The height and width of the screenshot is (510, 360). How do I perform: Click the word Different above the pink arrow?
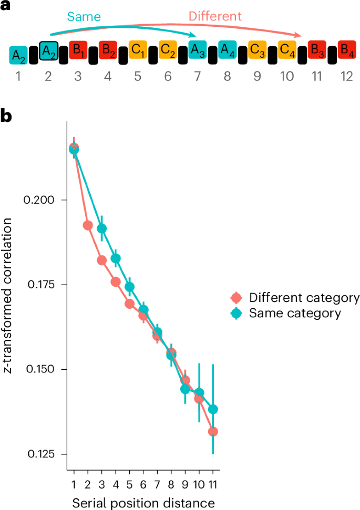[215, 16]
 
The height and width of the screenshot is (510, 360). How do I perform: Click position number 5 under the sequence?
[138, 77]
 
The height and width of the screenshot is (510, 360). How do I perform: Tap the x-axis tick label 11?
[213, 484]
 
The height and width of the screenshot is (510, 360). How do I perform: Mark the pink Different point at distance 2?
[88, 225]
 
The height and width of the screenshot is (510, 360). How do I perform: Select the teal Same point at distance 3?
[102, 228]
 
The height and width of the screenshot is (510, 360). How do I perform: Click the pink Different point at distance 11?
[213, 432]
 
